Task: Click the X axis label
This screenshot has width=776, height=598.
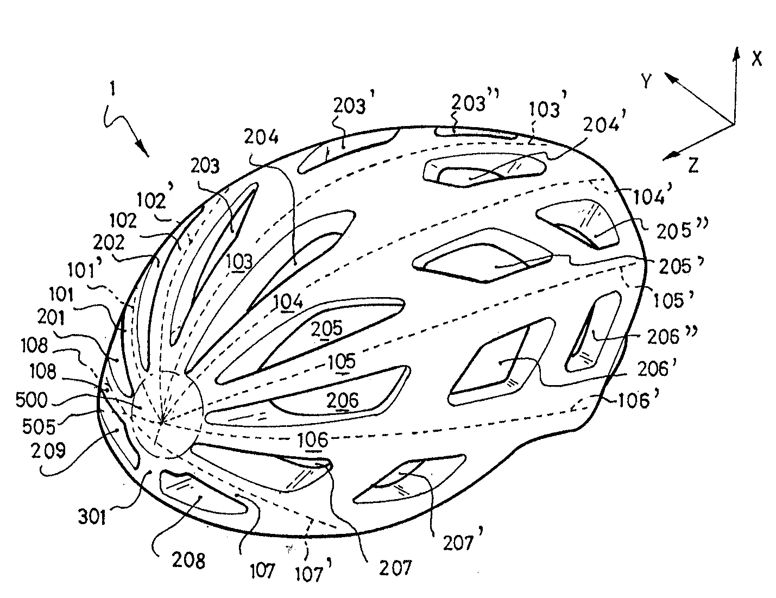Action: pos(756,58)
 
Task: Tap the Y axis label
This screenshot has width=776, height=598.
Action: pos(646,81)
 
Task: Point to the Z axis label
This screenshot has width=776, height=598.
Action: pos(693,166)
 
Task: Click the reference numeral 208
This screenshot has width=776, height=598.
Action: pos(188,560)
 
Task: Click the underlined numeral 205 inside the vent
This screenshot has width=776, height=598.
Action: pos(327,328)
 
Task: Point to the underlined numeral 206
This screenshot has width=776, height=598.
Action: pos(343,400)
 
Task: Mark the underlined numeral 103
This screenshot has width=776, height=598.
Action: pos(239,261)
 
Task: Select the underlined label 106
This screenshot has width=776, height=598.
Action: pos(313,440)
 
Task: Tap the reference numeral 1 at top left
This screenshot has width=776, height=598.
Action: pos(113,91)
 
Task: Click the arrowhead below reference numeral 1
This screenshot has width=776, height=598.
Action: pos(144,150)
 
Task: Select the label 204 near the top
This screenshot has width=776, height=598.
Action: pos(262,138)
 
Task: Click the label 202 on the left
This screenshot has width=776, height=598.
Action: pos(109,242)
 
